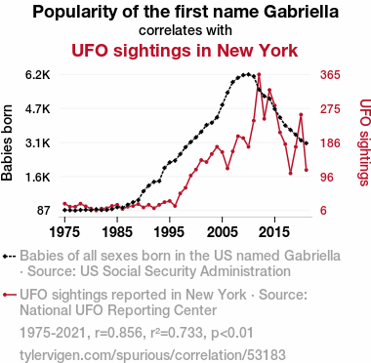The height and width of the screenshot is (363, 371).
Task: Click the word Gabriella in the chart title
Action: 301,13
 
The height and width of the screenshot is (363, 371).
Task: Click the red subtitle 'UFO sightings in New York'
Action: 185,51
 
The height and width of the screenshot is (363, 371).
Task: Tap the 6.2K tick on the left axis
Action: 38,75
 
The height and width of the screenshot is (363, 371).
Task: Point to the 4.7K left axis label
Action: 38,109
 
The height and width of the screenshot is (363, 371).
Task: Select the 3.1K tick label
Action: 38,143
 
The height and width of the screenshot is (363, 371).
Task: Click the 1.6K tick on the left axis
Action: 38,177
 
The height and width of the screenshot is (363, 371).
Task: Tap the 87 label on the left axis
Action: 44,211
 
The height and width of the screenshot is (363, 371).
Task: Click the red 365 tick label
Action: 330,75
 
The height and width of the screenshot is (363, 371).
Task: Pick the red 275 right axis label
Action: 330,109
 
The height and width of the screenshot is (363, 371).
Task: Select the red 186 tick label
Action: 330,143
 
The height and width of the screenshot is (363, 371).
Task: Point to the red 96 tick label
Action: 327,177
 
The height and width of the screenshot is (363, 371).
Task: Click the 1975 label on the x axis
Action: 64,232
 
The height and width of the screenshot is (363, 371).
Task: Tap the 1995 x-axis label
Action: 170,232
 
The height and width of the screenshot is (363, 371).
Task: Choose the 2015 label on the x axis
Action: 274,232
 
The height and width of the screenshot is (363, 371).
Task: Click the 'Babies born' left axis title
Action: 7,142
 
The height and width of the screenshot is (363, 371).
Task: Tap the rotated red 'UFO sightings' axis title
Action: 365,142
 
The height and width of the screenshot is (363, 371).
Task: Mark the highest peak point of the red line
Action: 259,75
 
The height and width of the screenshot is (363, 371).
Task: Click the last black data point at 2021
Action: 307,143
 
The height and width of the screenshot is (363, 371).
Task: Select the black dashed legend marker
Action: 9,257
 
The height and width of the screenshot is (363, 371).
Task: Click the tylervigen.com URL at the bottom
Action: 152,354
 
